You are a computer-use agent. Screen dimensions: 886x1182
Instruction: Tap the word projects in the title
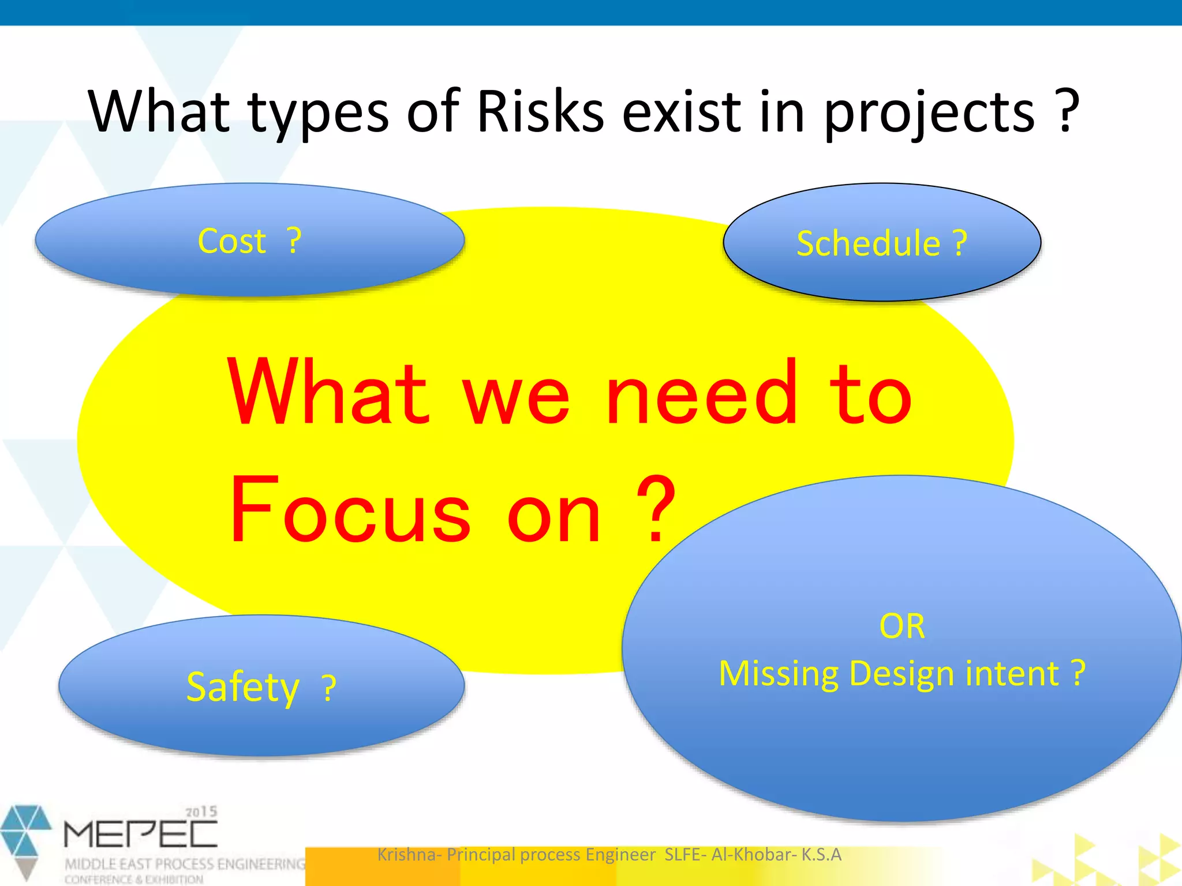[929, 112]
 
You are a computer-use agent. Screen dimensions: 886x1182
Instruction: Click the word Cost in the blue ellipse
[231, 241]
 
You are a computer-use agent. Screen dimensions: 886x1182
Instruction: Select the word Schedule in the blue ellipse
[868, 243]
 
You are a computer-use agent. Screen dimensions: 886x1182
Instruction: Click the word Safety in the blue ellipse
[243, 687]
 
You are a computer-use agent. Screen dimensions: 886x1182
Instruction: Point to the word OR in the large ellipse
[902, 626]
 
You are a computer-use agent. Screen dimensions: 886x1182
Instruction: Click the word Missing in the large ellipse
[779, 674]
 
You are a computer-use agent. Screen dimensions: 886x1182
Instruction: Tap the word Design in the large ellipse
[901, 674]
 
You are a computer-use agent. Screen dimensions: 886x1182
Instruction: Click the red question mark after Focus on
[655, 508]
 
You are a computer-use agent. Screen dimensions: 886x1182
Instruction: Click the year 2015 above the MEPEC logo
[201, 812]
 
